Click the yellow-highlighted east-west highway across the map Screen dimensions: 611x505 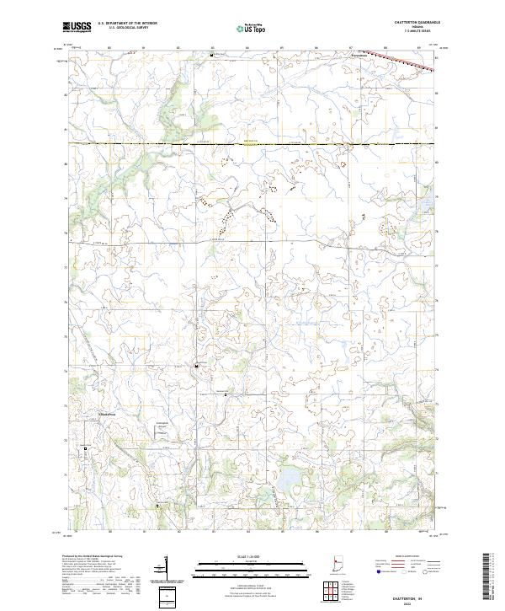(252, 144)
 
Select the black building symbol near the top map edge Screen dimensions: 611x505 (211, 55)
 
